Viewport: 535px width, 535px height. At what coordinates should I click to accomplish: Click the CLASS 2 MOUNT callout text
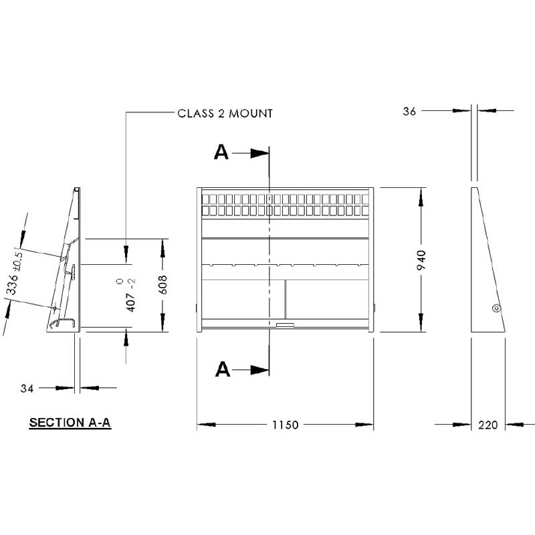(x=225, y=113)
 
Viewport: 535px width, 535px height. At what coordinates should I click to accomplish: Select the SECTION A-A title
(x=70, y=423)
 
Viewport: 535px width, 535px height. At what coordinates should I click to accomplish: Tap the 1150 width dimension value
(x=286, y=425)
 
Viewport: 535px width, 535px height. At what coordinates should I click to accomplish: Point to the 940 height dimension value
(x=422, y=260)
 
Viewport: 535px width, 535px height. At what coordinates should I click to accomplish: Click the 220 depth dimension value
(x=488, y=425)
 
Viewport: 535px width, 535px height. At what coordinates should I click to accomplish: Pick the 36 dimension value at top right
(x=409, y=111)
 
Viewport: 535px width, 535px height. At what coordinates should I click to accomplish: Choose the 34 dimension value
(x=27, y=389)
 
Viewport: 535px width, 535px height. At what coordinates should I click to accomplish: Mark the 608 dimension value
(x=163, y=285)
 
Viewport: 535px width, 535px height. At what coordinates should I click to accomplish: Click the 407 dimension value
(x=131, y=302)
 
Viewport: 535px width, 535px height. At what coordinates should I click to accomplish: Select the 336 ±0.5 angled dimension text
(x=15, y=273)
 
